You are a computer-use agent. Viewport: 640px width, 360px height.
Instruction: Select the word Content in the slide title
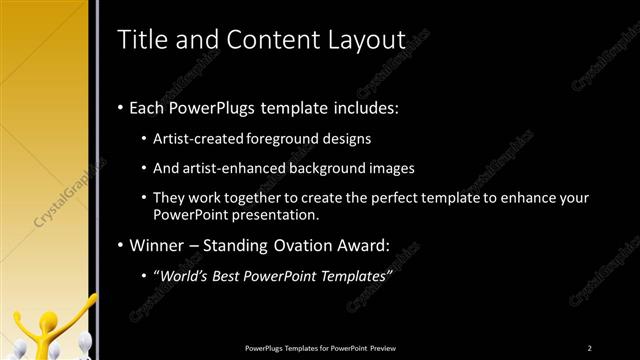point(274,40)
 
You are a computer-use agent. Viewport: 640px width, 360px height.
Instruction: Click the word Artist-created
point(195,138)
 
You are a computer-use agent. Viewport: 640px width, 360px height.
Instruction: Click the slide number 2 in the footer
point(590,347)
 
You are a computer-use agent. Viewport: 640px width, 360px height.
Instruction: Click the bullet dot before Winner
point(121,245)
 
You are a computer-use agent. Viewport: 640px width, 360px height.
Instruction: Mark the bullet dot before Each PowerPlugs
point(121,105)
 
